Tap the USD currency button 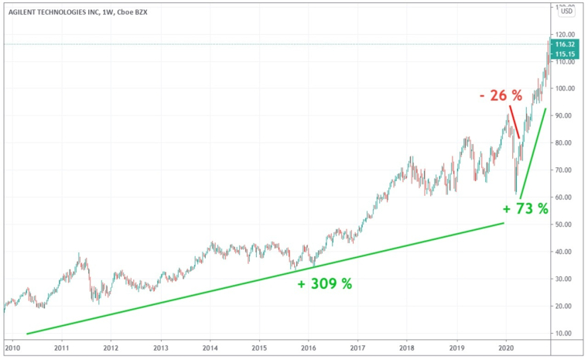(566, 11)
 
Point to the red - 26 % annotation (500, 96)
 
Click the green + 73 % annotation (525, 208)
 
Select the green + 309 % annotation (325, 284)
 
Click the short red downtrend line (514, 122)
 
